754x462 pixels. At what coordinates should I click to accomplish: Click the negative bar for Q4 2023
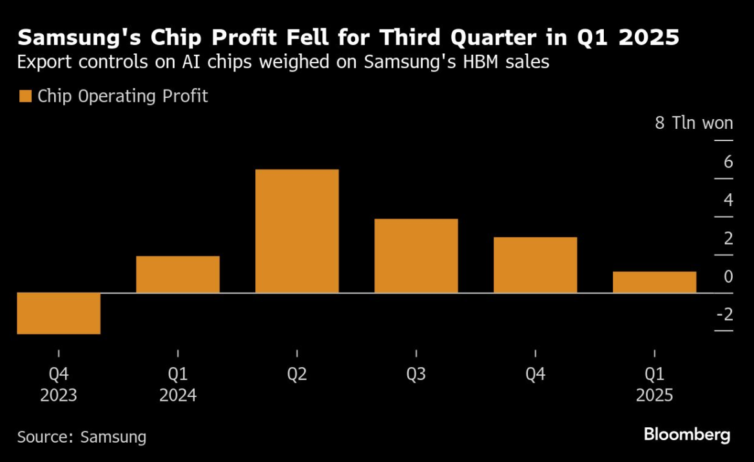click(x=59, y=313)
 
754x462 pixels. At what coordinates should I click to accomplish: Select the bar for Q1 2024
click(x=178, y=274)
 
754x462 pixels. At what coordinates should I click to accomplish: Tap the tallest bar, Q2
click(x=297, y=231)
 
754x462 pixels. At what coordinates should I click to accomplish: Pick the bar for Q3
click(x=416, y=256)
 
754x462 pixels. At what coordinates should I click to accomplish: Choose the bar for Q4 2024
click(x=536, y=265)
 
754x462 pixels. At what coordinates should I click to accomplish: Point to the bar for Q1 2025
click(x=655, y=282)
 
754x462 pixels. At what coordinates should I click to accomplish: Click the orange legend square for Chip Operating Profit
click(x=25, y=97)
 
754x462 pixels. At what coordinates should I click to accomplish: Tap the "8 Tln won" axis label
click(x=694, y=123)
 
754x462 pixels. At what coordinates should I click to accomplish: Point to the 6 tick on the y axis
click(x=728, y=162)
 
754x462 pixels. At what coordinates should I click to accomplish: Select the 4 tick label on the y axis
click(x=728, y=200)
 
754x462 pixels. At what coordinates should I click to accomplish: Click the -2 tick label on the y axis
click(x=724, y=314)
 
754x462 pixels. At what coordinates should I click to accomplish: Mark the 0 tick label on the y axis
click(x=728, y=276)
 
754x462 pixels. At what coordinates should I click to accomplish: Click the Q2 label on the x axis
click(x=297, y=374)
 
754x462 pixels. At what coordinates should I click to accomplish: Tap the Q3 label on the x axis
click(x=416, y=374)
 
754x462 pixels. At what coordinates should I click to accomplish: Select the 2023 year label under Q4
click(x=59, y=395)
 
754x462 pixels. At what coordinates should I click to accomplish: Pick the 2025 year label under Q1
click(x=655, y=395)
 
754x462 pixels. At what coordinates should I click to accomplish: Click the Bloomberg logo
click(x=687, y=434)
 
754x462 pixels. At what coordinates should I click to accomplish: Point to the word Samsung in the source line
click(x=113, y=437)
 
